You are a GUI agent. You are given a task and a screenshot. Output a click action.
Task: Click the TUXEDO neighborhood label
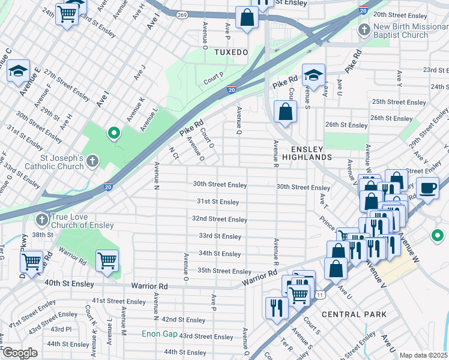[x=231, y=53]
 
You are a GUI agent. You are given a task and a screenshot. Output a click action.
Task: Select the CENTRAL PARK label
[x=350, y=314]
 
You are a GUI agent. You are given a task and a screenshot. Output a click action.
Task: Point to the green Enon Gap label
[x=159, y=334]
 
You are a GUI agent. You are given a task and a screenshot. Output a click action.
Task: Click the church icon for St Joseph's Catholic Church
[x=92, y=161]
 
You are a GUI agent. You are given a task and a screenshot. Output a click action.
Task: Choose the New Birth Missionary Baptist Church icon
[x=363, y=30]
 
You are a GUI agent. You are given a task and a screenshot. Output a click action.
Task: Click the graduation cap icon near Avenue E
[x=18, y=70]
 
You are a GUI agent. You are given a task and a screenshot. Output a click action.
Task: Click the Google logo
[x=19, y=353]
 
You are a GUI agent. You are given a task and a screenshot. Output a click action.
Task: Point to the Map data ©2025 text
[x=423, y=355]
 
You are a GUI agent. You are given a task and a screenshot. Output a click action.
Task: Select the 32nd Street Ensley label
[x=219, y=220]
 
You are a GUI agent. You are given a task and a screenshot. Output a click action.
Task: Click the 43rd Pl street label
[x=61, y=329]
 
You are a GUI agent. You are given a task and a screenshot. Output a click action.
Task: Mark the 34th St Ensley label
[x=220, y=254]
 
